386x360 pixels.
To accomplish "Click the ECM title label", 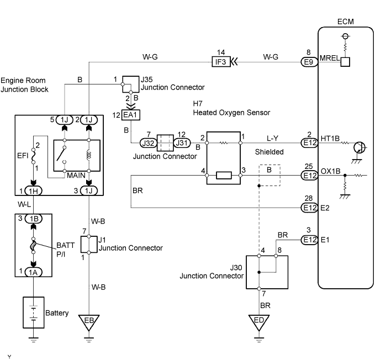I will [x=345, y=22].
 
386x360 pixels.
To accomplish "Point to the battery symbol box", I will [x=34, y=313].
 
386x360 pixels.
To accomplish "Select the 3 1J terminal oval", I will [x=88, y=190].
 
